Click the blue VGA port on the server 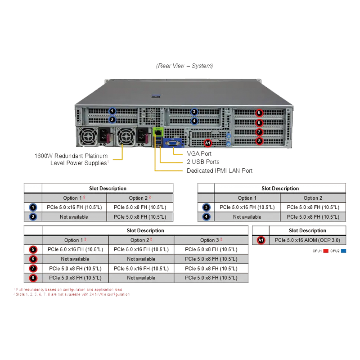[x=173, y=143]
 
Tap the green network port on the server [x=157, y=132]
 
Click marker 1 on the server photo [x=112, y=111]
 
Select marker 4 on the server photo [x=194, y=121]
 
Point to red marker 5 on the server [x=259, y=112]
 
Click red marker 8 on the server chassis [x=259, y=141]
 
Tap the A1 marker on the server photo [x=207, y=143]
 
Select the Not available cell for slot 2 [x=74, y=216]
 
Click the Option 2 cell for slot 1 [x=140, y=207]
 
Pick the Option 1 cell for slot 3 [x=247, y=207]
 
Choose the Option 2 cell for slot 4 [x=313, y=216]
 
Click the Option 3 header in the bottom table [x=211, y=240]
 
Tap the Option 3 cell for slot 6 [x=211, y=259]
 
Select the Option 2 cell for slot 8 [x=141, y=278]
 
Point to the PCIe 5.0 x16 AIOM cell [x=308, y=240]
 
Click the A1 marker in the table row [x=261, y=240]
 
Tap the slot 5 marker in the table [x=33, y=249]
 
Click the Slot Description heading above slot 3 [x=280, y=189]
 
